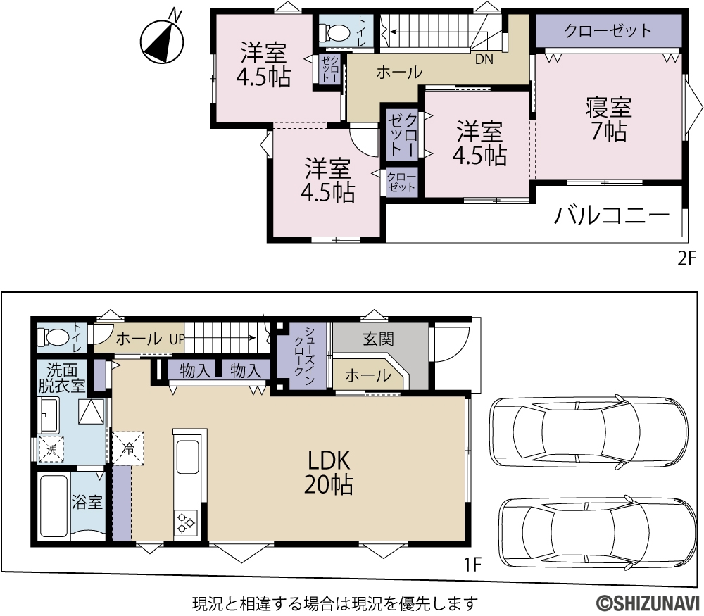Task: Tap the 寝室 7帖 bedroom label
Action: (609, 119)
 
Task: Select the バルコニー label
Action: (612, 215)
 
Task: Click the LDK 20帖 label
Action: (329, 472)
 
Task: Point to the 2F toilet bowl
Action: (334, 32)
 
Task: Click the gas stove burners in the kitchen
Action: (185, 522)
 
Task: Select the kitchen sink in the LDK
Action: (188, 456)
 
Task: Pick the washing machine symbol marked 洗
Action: (51, 449)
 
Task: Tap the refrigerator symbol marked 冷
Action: (129, 448)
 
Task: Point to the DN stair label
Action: (484, 59)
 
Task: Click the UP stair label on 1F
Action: (177, 339)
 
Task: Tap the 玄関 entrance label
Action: (379, 339)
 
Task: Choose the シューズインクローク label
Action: (304, 356)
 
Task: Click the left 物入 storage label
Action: (195, 371)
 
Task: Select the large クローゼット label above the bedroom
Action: (608, 30)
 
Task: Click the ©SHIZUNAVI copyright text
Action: (648, 603)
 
